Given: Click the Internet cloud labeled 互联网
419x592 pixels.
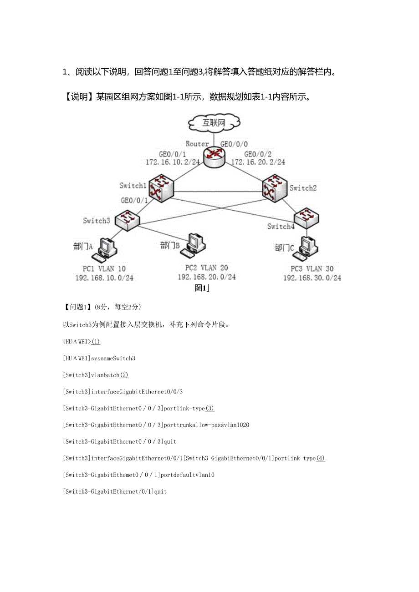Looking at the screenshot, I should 215,122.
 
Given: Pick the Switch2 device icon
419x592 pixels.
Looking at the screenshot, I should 275,187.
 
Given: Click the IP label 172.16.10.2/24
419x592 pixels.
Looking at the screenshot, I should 173,162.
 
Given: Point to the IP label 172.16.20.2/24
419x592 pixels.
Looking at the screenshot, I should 258,162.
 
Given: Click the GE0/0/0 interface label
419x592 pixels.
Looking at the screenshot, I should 234,144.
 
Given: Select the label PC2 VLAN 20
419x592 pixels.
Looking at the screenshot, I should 206,268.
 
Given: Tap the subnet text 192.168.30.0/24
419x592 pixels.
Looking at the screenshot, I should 312,278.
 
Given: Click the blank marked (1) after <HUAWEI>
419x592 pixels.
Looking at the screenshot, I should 96,342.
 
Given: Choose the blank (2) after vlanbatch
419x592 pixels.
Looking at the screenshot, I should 124,375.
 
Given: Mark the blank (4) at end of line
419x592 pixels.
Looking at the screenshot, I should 321,458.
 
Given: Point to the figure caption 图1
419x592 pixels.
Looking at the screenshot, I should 201,288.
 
